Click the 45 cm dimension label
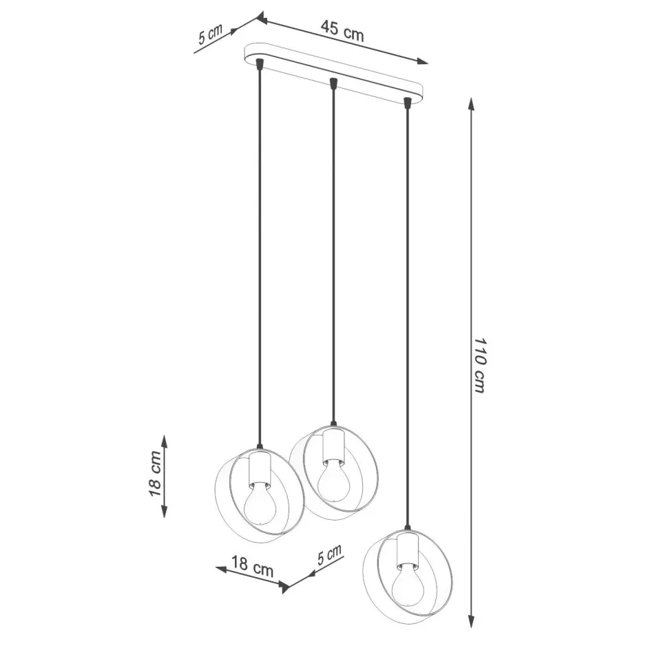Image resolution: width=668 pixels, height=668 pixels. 342,31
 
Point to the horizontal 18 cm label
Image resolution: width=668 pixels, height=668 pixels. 251,569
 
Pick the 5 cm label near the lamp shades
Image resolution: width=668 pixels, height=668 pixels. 329,554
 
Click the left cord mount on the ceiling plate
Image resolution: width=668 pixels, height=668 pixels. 259,65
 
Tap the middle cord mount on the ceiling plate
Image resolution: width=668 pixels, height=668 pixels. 333,83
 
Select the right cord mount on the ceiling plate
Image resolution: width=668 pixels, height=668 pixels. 407,103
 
